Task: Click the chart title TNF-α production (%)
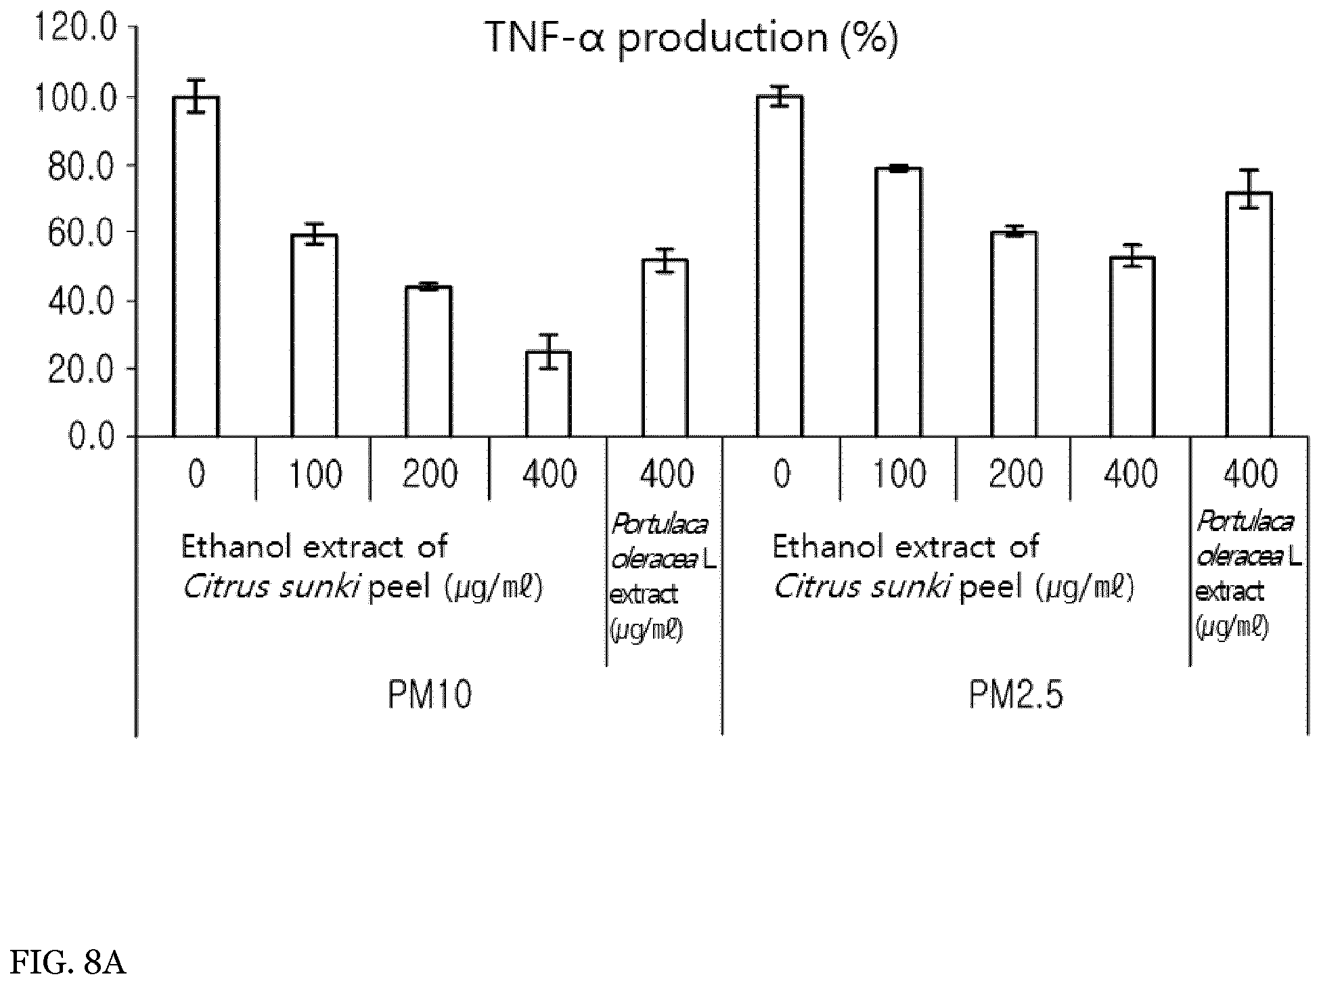pyautogui.click(x=691, y=38)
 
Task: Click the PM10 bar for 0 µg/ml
pyautogui.click(x=196, y=267)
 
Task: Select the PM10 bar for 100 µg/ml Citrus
pyautogui.click(x=314, y=336)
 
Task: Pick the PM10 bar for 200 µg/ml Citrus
pyautogui.click(x=428, y=361)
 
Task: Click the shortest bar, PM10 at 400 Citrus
pyautogui.click(x=549, y=394)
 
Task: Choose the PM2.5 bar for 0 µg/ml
pyautogui.click(x=780, y=266)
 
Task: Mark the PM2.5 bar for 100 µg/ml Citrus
pyautogui.click(x=898, y=302)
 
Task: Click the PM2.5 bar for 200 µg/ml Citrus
pyautogui.click(x=1014, y=334)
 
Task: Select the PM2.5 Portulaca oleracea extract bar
pyautogui.click(x=1249, y=315)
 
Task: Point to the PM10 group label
pyautogui.click(x=429, y=695)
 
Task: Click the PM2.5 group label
pyautogui.click(x=1016, y=695)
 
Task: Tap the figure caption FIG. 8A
pyautogui.click(x=69, y=963)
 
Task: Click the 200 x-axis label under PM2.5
pyautogui.click(x=1016, y=474)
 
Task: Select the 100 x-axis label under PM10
pyautogui.click(x=315, y=474)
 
